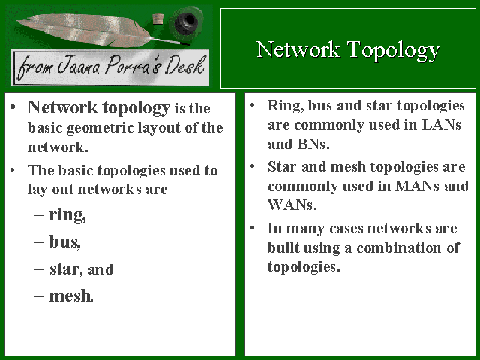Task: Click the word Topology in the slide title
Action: [x=393, y=51]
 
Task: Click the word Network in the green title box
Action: [x=298, y=49]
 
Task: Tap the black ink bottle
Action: [x=186, y=22]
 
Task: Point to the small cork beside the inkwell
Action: [x=158, y=19]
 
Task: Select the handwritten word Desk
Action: [x=184, y=65]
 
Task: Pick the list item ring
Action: [x=67, y=215]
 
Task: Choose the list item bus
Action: [x=65, y=241]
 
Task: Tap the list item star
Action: [x=65, y=269]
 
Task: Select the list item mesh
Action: [x=71, y=296]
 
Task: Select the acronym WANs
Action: [x=292, y=205]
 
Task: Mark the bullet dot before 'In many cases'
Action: [x=253, y=228]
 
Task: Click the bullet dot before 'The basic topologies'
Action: [x=13, y=170]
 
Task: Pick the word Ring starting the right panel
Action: [x=286, y=106]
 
